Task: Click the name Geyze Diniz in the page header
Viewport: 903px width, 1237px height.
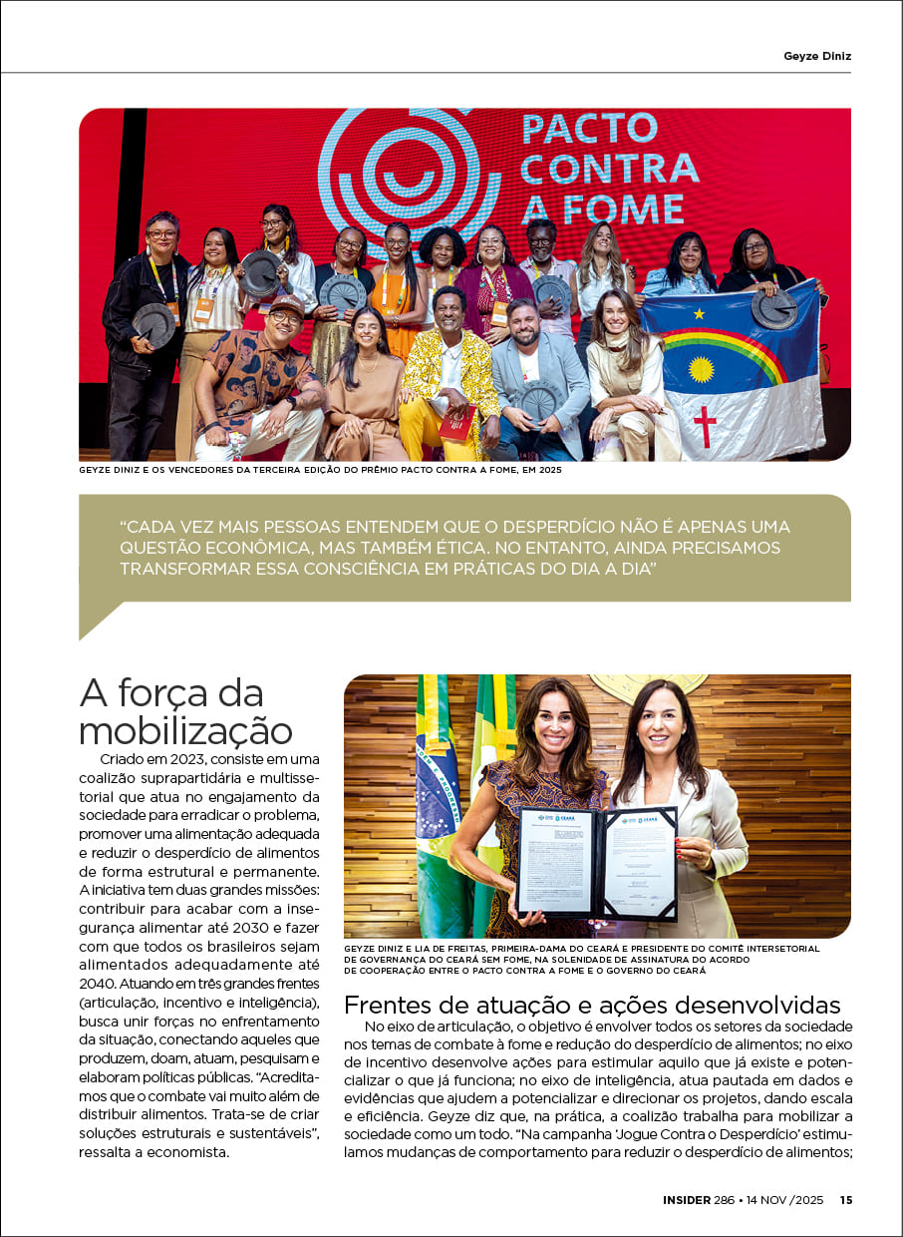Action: [817, 56]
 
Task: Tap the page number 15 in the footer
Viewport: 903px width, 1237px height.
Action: [845, 1200]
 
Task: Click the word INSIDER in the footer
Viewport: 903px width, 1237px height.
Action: [687, 1200]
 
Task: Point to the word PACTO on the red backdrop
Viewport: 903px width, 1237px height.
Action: [590, 129]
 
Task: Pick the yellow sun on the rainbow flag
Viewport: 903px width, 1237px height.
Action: [702, 369]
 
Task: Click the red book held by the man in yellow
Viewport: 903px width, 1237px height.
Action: [458, 424]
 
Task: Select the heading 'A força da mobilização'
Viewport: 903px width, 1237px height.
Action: [185, 711]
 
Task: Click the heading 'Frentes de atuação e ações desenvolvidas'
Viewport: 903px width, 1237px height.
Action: [592, 1005]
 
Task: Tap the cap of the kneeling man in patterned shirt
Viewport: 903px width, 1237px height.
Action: [287, 303]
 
